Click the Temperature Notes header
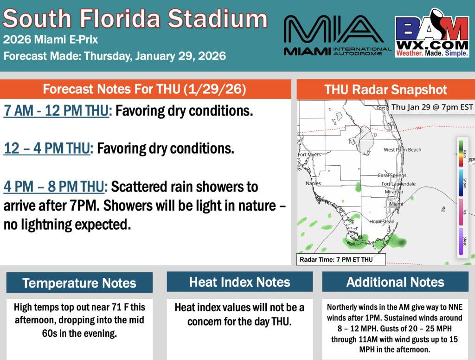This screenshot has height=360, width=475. (79, 283)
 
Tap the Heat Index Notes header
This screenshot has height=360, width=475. (240, 282)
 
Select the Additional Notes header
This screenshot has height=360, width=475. (395, 282)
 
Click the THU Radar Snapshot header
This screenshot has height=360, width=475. (386, 90)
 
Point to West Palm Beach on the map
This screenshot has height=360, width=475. (402, 150)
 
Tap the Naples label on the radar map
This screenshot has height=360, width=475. (313, 183)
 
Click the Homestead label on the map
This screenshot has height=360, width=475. (382, 222)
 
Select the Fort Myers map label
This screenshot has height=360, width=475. (309, 154)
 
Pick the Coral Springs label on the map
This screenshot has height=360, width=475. (392, 175)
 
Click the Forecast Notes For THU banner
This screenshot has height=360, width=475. (144, 89)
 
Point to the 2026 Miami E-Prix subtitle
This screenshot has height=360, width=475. (51, 40)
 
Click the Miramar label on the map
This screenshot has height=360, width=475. (393, 191)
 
